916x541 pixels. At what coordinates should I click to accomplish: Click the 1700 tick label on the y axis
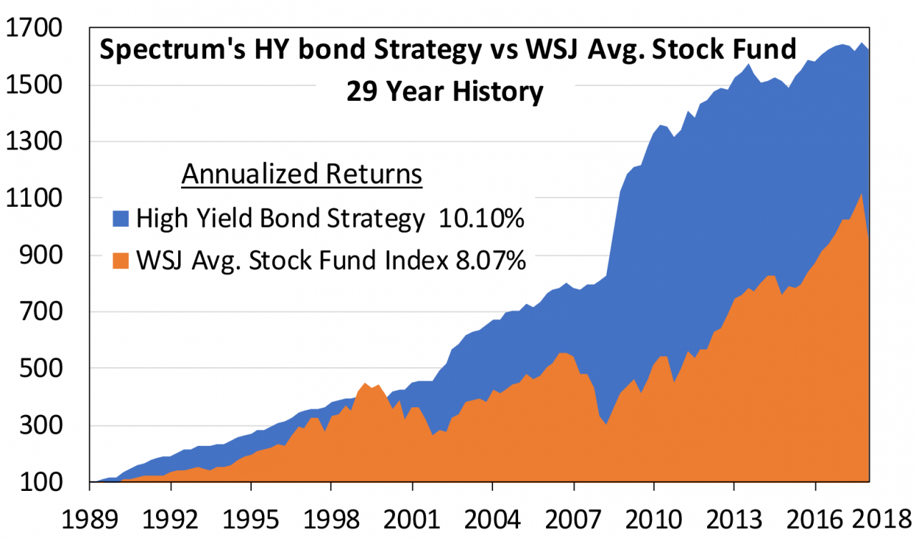pyautogui.click(x=34, y=28)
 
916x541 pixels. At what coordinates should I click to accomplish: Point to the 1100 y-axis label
pyautogui.click(x=34, y=198)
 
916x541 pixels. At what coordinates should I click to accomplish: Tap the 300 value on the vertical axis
pyautogui.click(x=41, y=425)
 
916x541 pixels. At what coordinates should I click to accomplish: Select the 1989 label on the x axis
pyautogui.click(x=89, y=520)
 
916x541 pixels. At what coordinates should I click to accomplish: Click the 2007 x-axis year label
pyautogui.click(x=573, y=520)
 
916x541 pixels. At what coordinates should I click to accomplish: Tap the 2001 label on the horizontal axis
pyautogui.click(x=412, y=520)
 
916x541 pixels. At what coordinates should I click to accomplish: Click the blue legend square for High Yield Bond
pyautogui.click(x=121, y=219)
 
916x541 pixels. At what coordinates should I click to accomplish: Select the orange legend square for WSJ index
pyautogui.click(x=121, y=261)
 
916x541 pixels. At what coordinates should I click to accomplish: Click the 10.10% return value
pyautogui.click(x=482, y=218)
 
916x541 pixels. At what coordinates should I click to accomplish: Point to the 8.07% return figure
pyautogui.click(x=491, y=260)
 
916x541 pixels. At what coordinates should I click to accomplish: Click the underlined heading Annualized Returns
pyautogui.click(x=302, y=174)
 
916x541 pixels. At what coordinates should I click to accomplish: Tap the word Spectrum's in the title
pyautogui.click(x=172, y=50)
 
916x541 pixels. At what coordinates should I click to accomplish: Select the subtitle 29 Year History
pyautogui.click(x=445, y=91)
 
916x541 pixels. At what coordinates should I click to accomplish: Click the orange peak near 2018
pyautogui.click(x=862, y=194)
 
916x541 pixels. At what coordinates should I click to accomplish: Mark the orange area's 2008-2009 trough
pyautogui.click(x=606, y=424)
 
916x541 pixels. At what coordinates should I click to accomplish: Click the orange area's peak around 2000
pyautogui.click(x=365, y=383)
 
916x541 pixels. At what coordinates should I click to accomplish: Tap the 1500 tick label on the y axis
pyautogui.click(x=34, y=85)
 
